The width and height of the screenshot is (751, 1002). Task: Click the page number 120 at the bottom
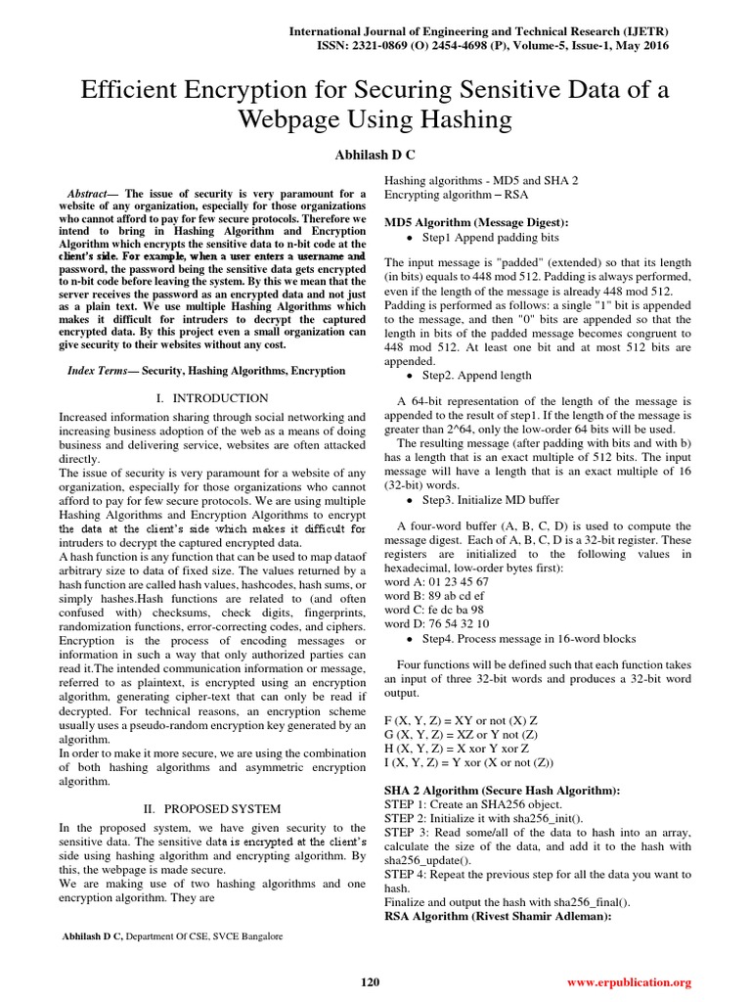[x=370, y=981]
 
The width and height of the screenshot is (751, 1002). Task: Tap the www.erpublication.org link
[x=629, y=981]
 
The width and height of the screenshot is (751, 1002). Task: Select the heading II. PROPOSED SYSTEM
[x=212, y=809]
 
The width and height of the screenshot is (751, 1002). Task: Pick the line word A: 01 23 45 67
[x=436, y=581]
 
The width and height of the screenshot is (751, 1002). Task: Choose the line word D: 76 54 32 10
[x=437, y=623]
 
